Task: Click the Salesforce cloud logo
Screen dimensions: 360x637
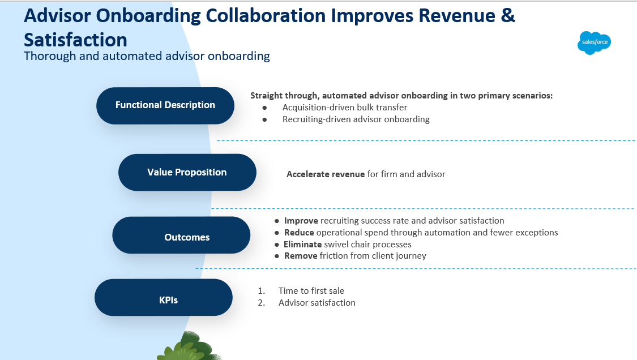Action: point(594,42)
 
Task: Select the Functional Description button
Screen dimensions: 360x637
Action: point(165,105)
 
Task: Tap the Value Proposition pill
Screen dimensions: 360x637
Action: point(187,172)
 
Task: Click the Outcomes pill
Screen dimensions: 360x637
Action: point(181,237)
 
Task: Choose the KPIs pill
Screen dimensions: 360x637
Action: point(164,299)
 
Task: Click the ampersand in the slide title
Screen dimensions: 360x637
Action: point(508,15)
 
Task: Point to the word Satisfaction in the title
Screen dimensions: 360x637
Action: point(75,39)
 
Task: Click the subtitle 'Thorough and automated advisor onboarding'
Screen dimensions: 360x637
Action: point(147,56)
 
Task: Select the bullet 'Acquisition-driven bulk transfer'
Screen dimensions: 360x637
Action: point(345,108)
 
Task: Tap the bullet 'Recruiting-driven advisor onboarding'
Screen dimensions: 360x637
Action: point(356,119)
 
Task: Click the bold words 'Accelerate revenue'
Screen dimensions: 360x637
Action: point(326,174)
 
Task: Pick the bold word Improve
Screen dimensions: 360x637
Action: point(301,221)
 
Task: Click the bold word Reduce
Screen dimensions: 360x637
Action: point(299,233)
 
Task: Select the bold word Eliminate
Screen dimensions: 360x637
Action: point(303,245)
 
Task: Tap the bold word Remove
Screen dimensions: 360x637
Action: point(301,256)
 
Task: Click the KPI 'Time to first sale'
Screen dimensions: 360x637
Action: point(311,291)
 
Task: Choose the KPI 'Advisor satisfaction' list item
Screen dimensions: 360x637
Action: point(317,303)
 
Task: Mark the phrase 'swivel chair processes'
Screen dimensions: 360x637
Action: point(367,245)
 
